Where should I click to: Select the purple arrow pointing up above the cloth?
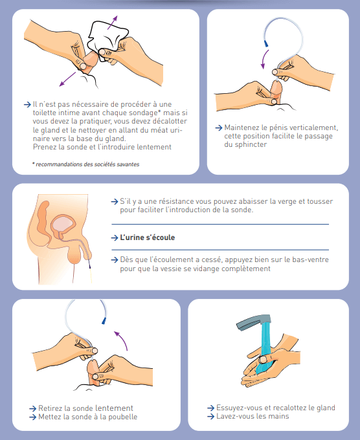pos(112,23)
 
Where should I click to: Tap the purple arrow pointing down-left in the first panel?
pos(67,79)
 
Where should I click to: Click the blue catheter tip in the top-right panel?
pos(265,43)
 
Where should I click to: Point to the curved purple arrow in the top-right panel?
pos(264,60)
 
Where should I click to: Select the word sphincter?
pos(251,144)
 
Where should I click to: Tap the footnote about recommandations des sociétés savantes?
pos(85,164)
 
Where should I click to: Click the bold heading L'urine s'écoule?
pos(148,237)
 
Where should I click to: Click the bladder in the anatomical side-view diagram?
pos(63,224)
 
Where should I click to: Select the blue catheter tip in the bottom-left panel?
pos(104,321)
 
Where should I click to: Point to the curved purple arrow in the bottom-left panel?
pos(122,340)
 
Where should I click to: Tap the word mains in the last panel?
pos(278,416)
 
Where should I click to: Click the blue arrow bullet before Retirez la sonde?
pos(32,408)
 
